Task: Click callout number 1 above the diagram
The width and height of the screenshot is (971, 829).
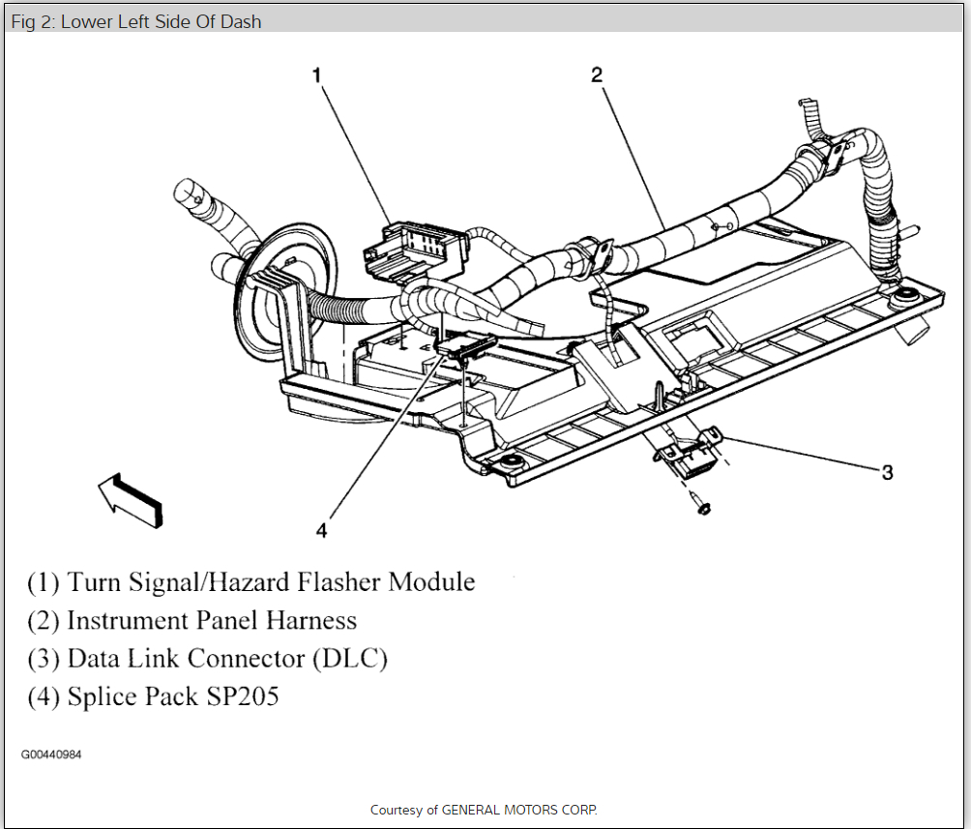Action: click(316, 74)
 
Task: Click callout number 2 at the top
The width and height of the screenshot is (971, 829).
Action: click(597, 74)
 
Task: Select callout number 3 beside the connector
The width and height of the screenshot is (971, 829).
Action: click(886, 472)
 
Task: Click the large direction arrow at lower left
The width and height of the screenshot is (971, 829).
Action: click(130, 498)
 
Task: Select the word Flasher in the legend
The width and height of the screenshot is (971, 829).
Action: click(337, 582)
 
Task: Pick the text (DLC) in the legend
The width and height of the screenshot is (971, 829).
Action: click(349, 659)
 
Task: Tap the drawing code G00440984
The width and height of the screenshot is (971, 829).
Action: click(51, 755)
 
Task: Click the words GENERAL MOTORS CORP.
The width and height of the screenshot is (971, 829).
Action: click(520, 810)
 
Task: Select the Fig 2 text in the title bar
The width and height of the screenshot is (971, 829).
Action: click(33, 21)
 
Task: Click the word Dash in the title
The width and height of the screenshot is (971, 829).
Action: click(243, 21)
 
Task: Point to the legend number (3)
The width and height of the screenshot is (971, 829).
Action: click(44, 659)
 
